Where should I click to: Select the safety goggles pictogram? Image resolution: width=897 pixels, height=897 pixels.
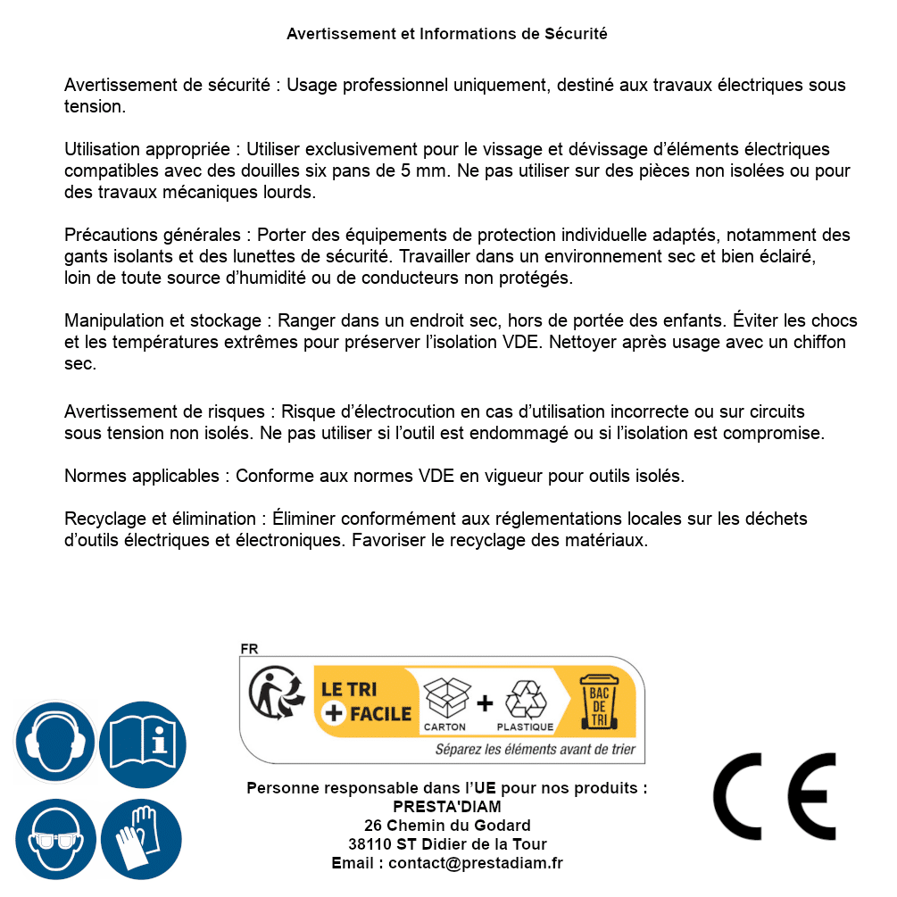pyautogui.click(x=55, y=840)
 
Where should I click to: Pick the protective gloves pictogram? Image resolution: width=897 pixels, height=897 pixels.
pyautogui.click(x=143, y=840)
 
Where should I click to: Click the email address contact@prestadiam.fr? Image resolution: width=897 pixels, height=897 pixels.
pyautogui.click(x=476, y=863)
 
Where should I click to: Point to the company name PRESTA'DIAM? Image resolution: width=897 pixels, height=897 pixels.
pyautogui.click(x=447, y=807)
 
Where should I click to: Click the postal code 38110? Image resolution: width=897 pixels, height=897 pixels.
pyautogui.click(x=369, y=844)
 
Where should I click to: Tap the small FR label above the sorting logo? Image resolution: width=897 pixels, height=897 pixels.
pyautogui.click(x=249, y=649)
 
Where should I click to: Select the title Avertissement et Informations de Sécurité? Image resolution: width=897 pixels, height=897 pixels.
pyautogui.click(x=447, y=34)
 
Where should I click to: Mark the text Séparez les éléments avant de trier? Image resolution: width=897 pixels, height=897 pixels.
pyautogui.click(x=535, y=750)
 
